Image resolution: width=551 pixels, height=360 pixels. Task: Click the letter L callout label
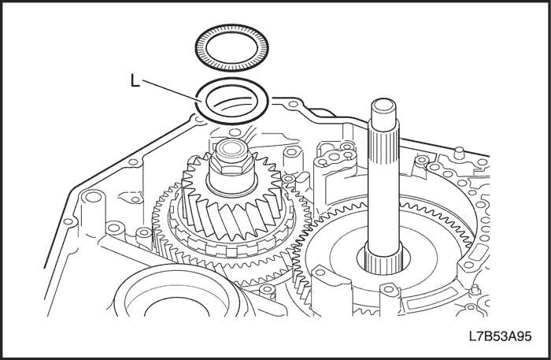[135, 81]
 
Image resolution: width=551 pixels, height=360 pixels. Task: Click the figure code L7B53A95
[500, 336]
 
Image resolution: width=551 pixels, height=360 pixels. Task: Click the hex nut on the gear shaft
[231, 165]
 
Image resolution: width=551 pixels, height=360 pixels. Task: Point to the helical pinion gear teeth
[232, 211]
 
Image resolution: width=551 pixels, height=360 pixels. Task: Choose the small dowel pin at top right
[458, 154]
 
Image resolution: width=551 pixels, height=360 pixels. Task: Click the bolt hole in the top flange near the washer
[292, 104]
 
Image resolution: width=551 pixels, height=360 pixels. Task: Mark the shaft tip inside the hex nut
[230, 149]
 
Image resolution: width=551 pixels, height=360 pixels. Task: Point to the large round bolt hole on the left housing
[93, 196]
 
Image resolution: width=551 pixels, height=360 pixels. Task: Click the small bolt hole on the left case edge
[68, 222]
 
